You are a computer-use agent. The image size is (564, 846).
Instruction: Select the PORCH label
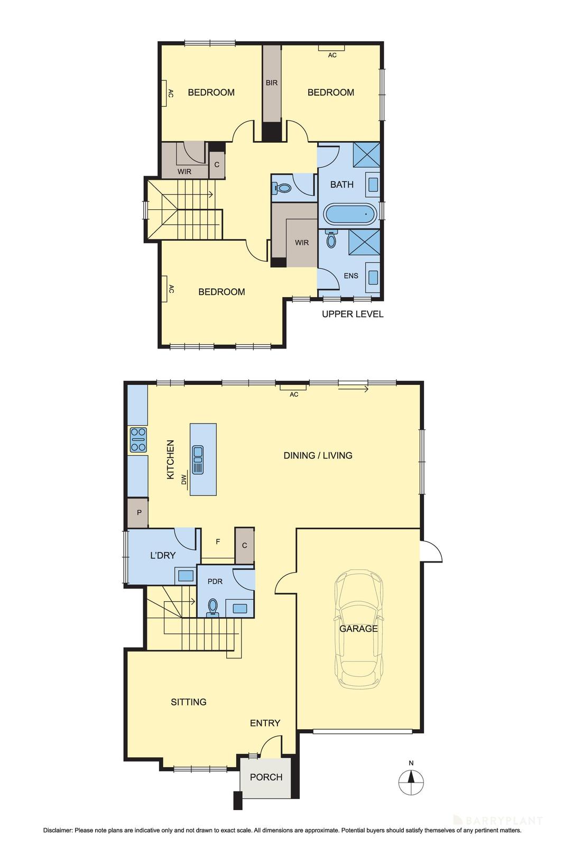coord(266,777)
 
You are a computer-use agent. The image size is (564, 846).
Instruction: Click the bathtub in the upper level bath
coord(349,214)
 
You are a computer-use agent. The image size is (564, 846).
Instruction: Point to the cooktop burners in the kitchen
coord(138,439)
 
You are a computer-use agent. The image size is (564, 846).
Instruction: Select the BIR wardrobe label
coord(272,82)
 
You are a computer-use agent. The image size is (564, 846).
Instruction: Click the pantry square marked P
coord(139,512)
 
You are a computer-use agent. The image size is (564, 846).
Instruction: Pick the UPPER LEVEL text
coord(353,314)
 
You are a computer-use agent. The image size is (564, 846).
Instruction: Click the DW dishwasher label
coord(184,480)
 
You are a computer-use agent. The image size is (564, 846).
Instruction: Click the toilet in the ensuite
coord(331,241)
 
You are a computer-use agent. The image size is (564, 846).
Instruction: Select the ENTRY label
coord(265,723)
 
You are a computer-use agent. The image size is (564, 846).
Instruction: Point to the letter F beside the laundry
coord(218,541)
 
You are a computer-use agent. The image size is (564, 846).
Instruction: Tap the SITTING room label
coord(189,702)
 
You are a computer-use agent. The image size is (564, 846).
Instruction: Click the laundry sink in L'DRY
coord(186,575)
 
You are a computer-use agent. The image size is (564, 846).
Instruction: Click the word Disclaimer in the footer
coord(57,831)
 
